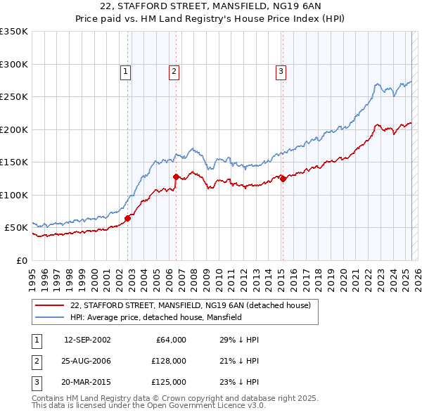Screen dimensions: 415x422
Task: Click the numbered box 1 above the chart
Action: pyautogui.click(x=125, y=70)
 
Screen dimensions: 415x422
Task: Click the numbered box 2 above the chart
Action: pyautogui.click(x=174, y=70)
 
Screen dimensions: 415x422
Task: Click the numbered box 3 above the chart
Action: pyautogui.click(x=281, y=70)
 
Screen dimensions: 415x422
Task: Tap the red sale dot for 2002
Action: pyautogui.click(x=128, y=218)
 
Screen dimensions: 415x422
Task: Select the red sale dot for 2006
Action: pyautogui.click(x=176, y=177)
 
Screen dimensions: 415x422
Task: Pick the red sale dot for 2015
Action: pyautogui.click(x=283, y=179)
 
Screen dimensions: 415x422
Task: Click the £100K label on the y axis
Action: pyautogui.click(x=14, y=195)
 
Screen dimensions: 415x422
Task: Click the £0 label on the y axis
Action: pyautogui.click(x=20, y=260)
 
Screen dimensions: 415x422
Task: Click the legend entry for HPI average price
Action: pyautogui.click(x=155, y=317)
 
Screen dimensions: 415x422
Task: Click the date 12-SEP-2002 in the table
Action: pyautogui.click(x=87, y=340)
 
